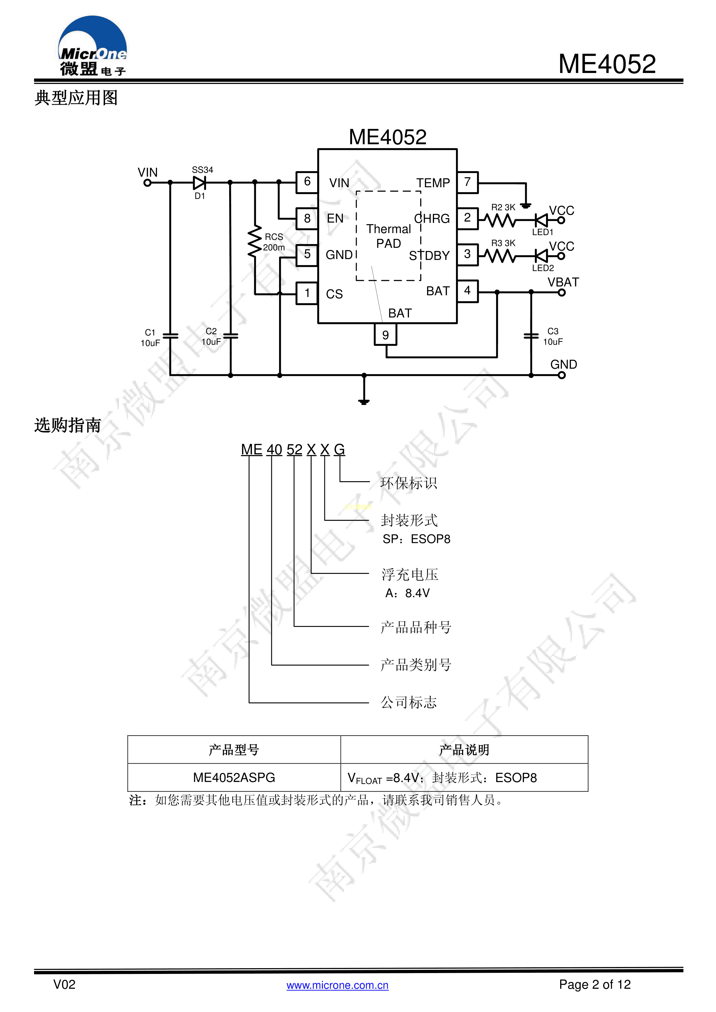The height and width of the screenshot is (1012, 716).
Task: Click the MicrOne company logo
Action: [93, 46]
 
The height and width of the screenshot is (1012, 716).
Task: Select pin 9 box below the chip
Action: [385, 335]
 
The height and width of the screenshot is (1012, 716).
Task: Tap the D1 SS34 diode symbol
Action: [200, 182]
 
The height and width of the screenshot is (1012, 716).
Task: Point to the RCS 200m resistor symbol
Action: [255, 241]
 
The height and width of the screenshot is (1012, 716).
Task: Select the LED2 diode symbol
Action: [541, 256]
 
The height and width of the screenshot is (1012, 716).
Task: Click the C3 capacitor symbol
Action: [531, 336]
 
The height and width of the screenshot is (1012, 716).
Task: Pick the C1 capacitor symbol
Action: [170, 336]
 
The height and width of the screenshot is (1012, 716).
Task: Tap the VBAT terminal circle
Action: [562, 292]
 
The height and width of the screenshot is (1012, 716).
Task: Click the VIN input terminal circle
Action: [147, 183]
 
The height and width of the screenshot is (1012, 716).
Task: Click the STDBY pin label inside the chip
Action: [429, 256]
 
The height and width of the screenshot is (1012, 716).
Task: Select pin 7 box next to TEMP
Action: [467, 182]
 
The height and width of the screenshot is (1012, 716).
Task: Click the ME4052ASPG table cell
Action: [234, 777]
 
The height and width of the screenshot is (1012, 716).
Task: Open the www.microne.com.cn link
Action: [337, 985]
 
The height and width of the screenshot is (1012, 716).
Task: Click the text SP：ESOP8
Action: [416, 539]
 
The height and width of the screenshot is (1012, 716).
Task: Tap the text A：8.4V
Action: [407, 593]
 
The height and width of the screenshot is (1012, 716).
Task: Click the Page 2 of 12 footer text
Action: [595, 984]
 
